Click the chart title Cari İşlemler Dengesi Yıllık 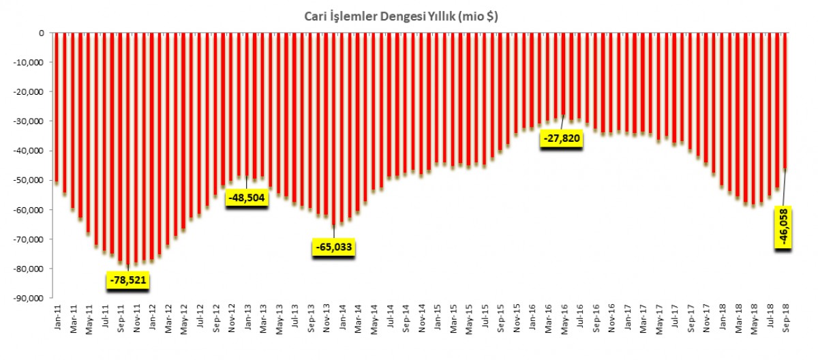[400, 18]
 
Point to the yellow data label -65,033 [334, 246]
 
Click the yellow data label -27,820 [562, 139]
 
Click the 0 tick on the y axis [41, 33]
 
